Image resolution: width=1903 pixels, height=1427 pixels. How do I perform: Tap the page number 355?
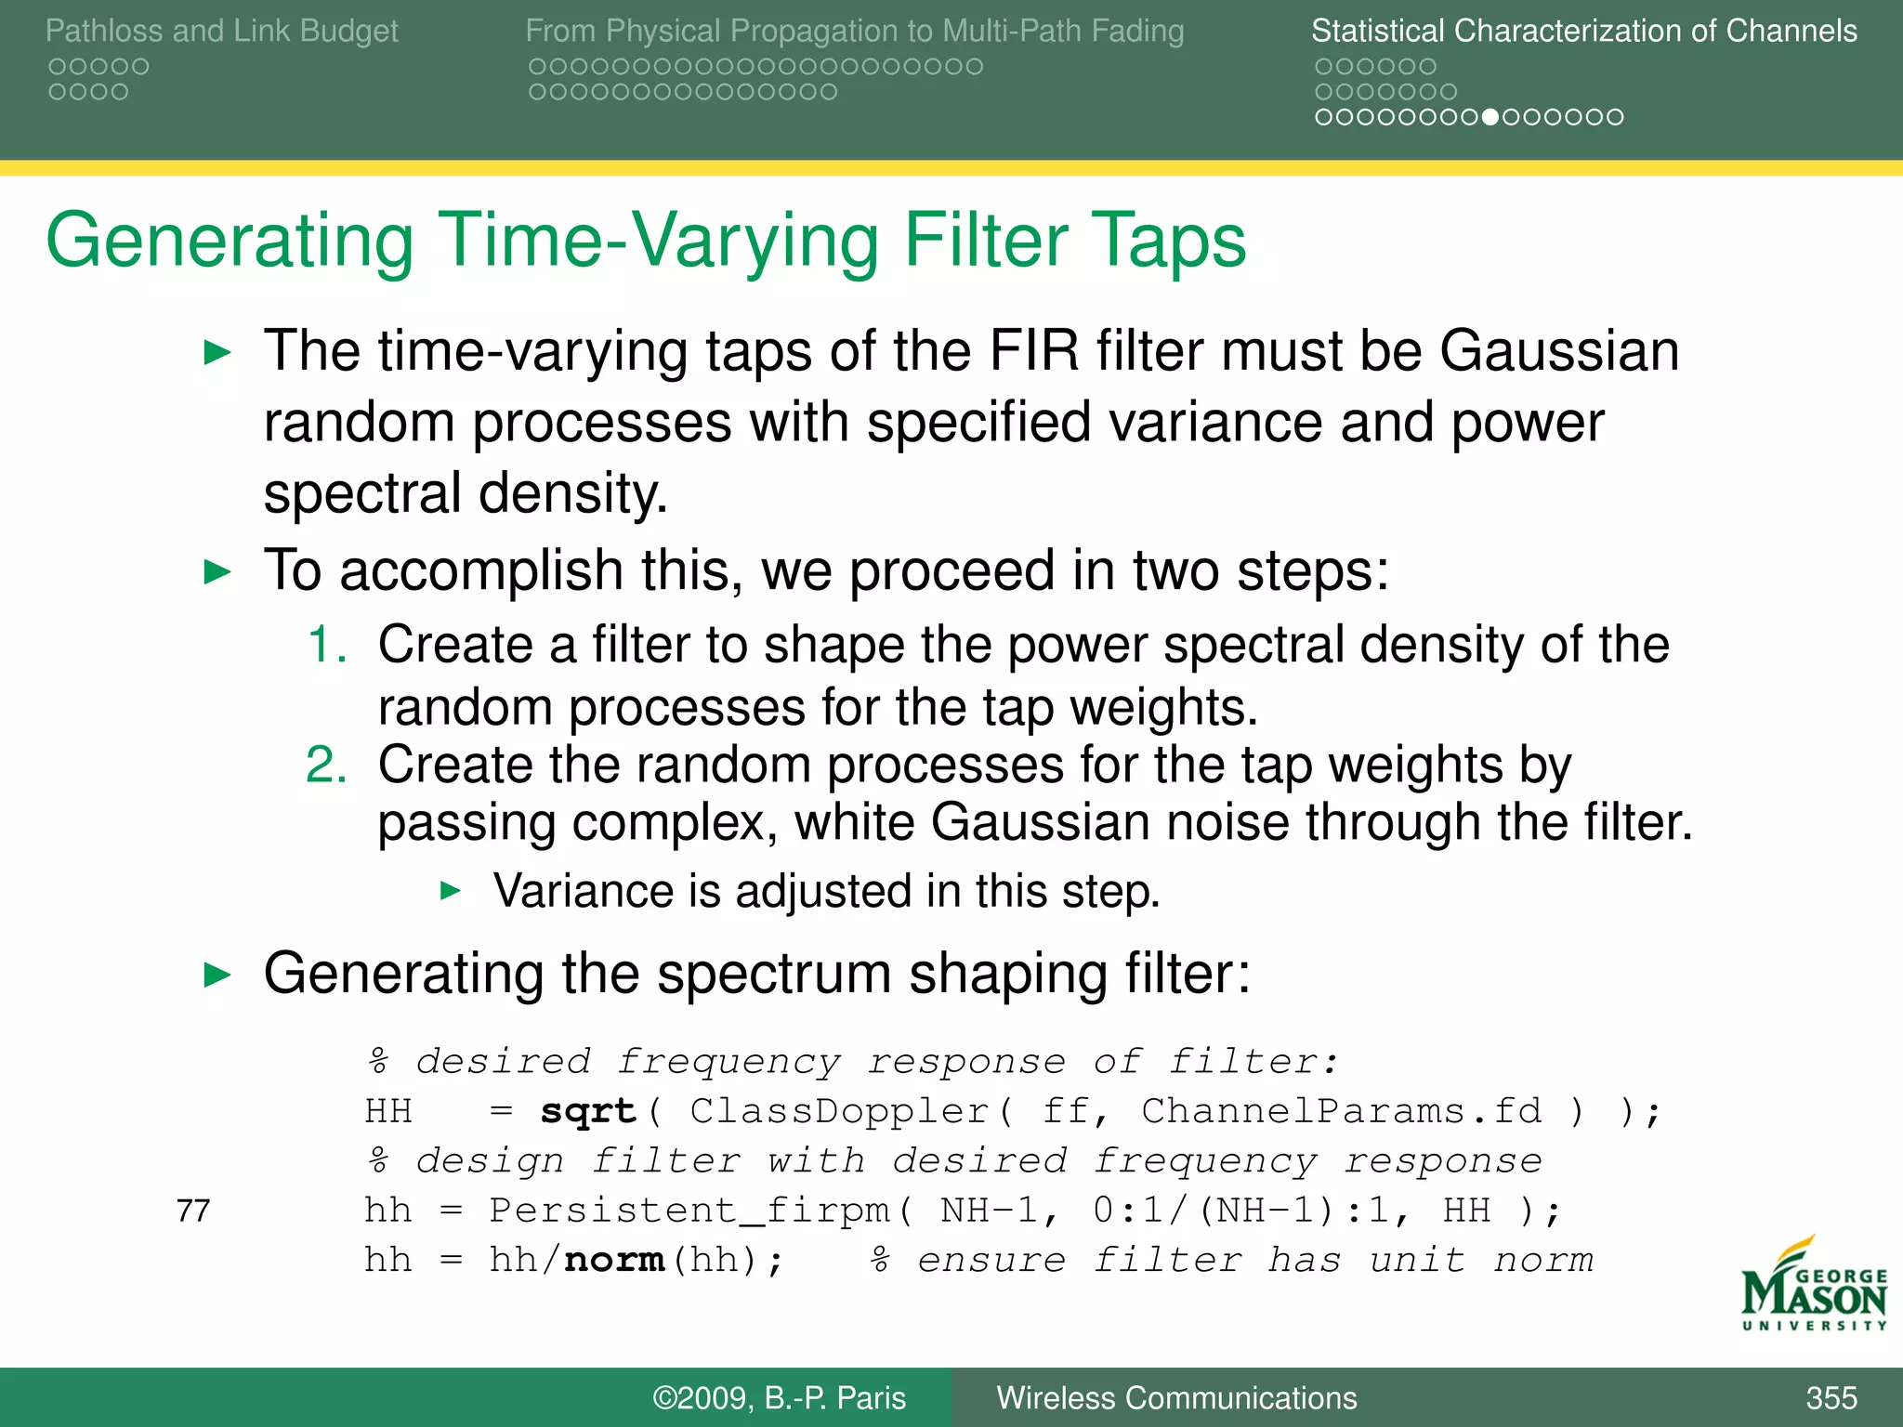coord(1831,1397)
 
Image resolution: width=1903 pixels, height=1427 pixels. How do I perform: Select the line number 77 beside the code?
coord(193,1211)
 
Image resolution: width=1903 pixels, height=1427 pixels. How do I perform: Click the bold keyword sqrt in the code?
coord(588,1111)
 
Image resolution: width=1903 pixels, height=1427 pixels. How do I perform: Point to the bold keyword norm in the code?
coord(614,1260)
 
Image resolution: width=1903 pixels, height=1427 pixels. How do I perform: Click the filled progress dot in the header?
coord(1490,117)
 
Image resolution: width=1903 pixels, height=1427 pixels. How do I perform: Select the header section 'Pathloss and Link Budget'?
coord(221,31)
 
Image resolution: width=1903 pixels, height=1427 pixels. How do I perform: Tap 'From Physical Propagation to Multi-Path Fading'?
coord(854,31)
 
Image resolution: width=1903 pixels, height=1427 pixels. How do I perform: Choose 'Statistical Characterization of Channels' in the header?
coord(1583,31)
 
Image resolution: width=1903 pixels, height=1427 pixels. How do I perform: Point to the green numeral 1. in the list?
coord(327,645)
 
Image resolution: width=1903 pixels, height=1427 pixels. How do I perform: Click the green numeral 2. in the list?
coord(327,766)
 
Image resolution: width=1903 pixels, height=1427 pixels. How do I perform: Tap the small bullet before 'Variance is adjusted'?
coord(451,892)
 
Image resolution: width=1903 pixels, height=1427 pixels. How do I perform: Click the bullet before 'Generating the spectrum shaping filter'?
coord(217,975)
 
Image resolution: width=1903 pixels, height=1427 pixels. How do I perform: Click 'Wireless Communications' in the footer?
coord(1176,1397)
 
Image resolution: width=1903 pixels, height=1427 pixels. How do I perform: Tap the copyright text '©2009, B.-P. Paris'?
coord(779,1397)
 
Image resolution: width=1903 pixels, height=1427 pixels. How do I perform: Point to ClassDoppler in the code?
coord(839,1111)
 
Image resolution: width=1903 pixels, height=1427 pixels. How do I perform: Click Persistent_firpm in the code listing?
coord(689,1211)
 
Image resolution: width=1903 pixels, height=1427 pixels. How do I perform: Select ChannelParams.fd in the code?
coord(1341,1111)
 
